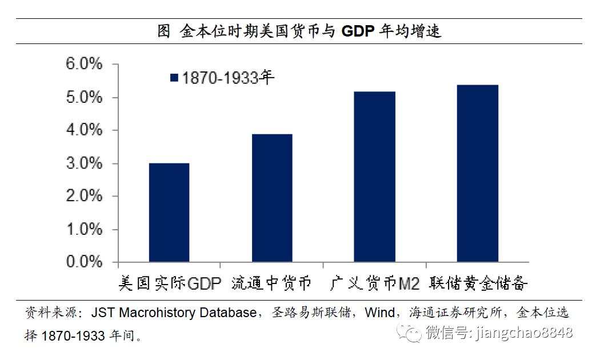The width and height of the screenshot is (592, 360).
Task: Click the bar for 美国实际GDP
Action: click(x=169, y=213)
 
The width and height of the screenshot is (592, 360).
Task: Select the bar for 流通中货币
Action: click(x=272, y=198)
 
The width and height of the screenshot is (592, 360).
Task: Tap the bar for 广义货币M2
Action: click(x=374, y=177)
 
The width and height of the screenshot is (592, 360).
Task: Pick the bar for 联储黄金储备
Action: click(x=477, y=173)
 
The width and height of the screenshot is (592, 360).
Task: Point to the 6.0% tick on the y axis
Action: click(x=84, y=64)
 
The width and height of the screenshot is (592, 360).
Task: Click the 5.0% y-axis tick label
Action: click(x=84, y=97)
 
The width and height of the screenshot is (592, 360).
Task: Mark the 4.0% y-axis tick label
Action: click(x=84, y=130)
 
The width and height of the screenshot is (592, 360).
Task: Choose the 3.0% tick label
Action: click(x=84, y=163)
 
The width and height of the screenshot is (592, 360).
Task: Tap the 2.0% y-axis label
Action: click(x=84, y=196)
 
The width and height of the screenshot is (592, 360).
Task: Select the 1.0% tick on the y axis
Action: click(x=84, y=229)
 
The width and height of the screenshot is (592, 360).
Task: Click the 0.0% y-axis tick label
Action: click(x=84, y=262)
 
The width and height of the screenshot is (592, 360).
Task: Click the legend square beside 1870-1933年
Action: click(x=175, y=78)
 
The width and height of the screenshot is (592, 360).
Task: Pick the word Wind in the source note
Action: click(x=380, y=313)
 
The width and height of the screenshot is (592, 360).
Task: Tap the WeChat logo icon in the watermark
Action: click(x=410, y=333)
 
